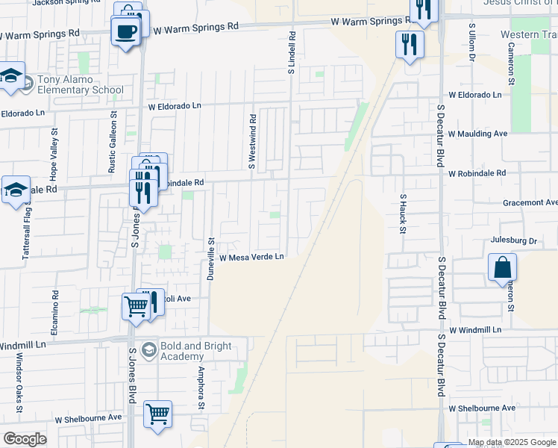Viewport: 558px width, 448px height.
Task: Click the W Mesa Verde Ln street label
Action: pyautogui.click(x=252, y=258)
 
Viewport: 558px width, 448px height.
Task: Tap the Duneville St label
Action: pyautogui.click(x=211, y=260)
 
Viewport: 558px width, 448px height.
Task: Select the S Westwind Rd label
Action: pyautogui.click(x=252, y=142)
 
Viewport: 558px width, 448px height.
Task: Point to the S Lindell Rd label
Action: pyautogui.click(x=292, y=52)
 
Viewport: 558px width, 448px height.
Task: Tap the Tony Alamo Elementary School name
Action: pyautogui.click(x=72, y=85)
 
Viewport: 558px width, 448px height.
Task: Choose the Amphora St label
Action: pyautogui.click(x=201, y=387)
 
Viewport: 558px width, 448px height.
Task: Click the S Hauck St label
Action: pyautogui.click(x=403, y=213)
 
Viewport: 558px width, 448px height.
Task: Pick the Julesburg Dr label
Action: pyautogui.click(x=514, y=241)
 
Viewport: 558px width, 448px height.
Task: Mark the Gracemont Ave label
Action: pyautogui.click(x=530, y=202)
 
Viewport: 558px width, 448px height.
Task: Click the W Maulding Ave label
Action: pyautogui.click(x=477, y=134)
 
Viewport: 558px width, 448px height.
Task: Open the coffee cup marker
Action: pyautogui.click(x=125, y=31)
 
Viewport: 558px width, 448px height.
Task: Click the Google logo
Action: pyautogui.click(x=25, y=439)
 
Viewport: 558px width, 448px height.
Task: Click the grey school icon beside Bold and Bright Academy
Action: pyautogui.click(x=149, y=349)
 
